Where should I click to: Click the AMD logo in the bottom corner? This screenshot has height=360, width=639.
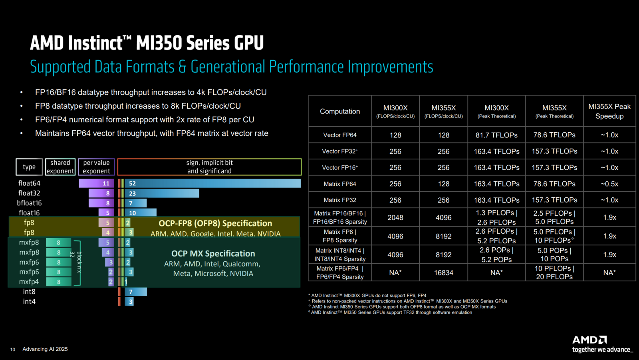(589, 340)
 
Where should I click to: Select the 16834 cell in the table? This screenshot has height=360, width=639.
(443, 272)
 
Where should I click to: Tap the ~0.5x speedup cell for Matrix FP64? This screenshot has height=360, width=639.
(609, 184)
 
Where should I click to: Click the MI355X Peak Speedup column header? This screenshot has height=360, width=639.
(609, 111)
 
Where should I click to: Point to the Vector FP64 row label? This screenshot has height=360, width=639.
(340, 135)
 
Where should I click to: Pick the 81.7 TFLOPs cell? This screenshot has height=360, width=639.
(496, 135)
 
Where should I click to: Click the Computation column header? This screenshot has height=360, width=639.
(340, 111)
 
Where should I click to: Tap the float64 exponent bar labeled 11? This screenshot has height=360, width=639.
(97, 183)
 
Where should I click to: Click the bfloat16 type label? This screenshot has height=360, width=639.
(29, 203)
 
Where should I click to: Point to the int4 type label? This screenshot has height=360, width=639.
(29, 301)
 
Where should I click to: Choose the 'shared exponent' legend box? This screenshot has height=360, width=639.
(60, 167)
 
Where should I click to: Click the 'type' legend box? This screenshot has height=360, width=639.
(29, 167)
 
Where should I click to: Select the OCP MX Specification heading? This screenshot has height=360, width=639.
(213, 254)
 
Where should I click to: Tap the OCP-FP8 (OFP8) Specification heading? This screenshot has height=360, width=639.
(215, 223)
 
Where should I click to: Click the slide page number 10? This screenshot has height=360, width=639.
(13, 350)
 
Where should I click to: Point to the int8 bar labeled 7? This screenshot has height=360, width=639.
(136, 292)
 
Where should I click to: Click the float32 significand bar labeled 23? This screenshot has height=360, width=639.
(162, 193)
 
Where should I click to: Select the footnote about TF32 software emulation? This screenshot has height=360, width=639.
(391, 312)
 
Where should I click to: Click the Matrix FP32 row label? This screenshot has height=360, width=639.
(340, 200)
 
